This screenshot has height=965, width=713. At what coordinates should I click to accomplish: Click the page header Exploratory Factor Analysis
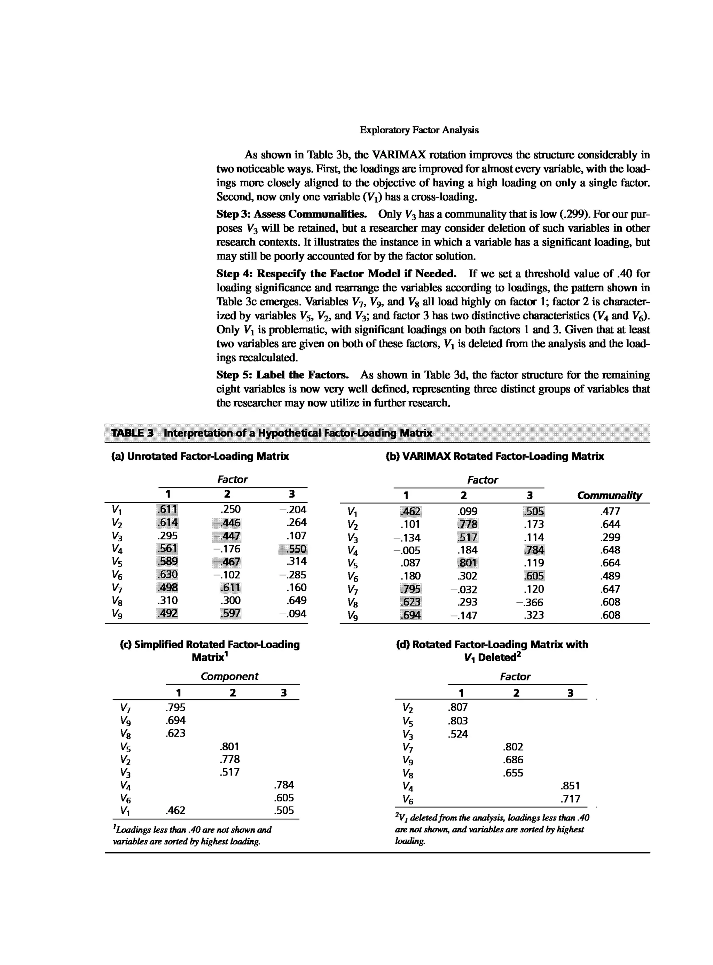(x=419, y=130)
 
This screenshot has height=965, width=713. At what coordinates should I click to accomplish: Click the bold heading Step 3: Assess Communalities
(x=291, y=214)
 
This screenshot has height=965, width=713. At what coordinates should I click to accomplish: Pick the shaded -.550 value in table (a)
(x=293, y=549)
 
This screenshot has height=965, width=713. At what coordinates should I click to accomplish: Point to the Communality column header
(x=609, y=495)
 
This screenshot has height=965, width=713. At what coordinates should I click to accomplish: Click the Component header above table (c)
(x=230, y=676)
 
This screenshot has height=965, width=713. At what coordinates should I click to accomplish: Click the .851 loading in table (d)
(x=570, y=785)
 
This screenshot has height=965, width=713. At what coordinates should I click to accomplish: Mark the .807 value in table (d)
(x=458, y=707)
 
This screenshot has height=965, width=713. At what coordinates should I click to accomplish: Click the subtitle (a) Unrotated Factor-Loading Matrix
(x=200, y=456)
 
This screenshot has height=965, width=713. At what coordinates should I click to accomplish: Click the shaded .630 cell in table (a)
(x=167, y=575)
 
